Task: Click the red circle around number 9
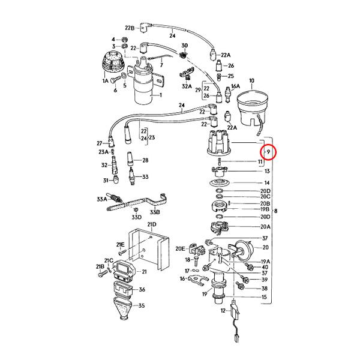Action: coord(269,154)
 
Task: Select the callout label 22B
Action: coord(130,28)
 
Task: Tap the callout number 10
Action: coord(251,80)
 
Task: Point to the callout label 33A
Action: coord(101,199)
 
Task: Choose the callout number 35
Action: coord(142,306)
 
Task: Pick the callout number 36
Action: coord(142,289)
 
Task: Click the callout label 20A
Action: coord(265,227)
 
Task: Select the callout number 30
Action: coord(184,46)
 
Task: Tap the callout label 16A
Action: coord(235,86)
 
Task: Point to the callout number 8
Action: coord(275,211)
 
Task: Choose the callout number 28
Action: coord(145,160)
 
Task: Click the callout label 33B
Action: coord(154,211)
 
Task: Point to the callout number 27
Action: coord(100,143)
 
